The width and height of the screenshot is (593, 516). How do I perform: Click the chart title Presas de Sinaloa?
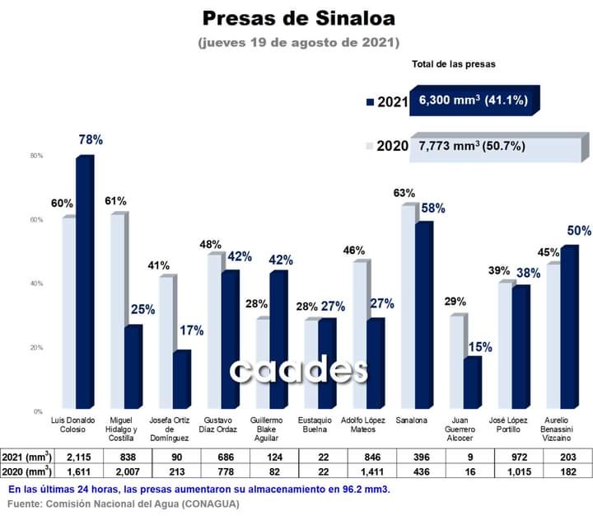[x=297, y=17]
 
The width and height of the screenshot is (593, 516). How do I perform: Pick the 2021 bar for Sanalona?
[x=423, y=313]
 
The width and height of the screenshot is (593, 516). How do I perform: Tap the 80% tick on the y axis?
[x=36, y=156]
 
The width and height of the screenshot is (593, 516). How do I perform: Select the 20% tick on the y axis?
[x=36, y=347]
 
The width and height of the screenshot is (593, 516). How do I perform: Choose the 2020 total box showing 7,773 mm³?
[x=478, y=147]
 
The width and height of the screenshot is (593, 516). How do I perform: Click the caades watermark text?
[x=298, y=370]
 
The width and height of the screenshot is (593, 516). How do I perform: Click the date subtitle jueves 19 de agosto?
[x=298, y=41]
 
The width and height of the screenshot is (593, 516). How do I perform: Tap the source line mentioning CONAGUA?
[x=124, y=504]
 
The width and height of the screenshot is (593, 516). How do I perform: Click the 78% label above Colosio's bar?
[x=91, y=140]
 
